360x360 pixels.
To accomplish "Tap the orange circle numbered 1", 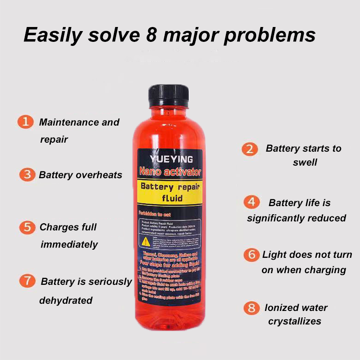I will pos(26,122).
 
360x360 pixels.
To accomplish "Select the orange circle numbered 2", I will pos(250,149).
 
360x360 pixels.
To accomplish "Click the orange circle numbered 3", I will pos(27,175).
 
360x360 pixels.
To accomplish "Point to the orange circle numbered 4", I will pos(252,202).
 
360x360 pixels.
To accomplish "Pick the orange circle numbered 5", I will pos(27,227).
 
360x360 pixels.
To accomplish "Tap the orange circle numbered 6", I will pos(252,255).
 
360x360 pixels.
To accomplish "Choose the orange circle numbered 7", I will pos(27,282).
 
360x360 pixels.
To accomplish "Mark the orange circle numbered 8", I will pos(252,308).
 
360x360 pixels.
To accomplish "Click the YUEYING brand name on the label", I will pos(171,159).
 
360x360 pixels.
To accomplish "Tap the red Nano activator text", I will pos(171,172).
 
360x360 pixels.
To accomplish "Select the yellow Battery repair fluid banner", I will pos(171,193).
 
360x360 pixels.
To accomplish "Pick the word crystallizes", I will pos(295,321).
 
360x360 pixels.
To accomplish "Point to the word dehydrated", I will pos(66,300).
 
